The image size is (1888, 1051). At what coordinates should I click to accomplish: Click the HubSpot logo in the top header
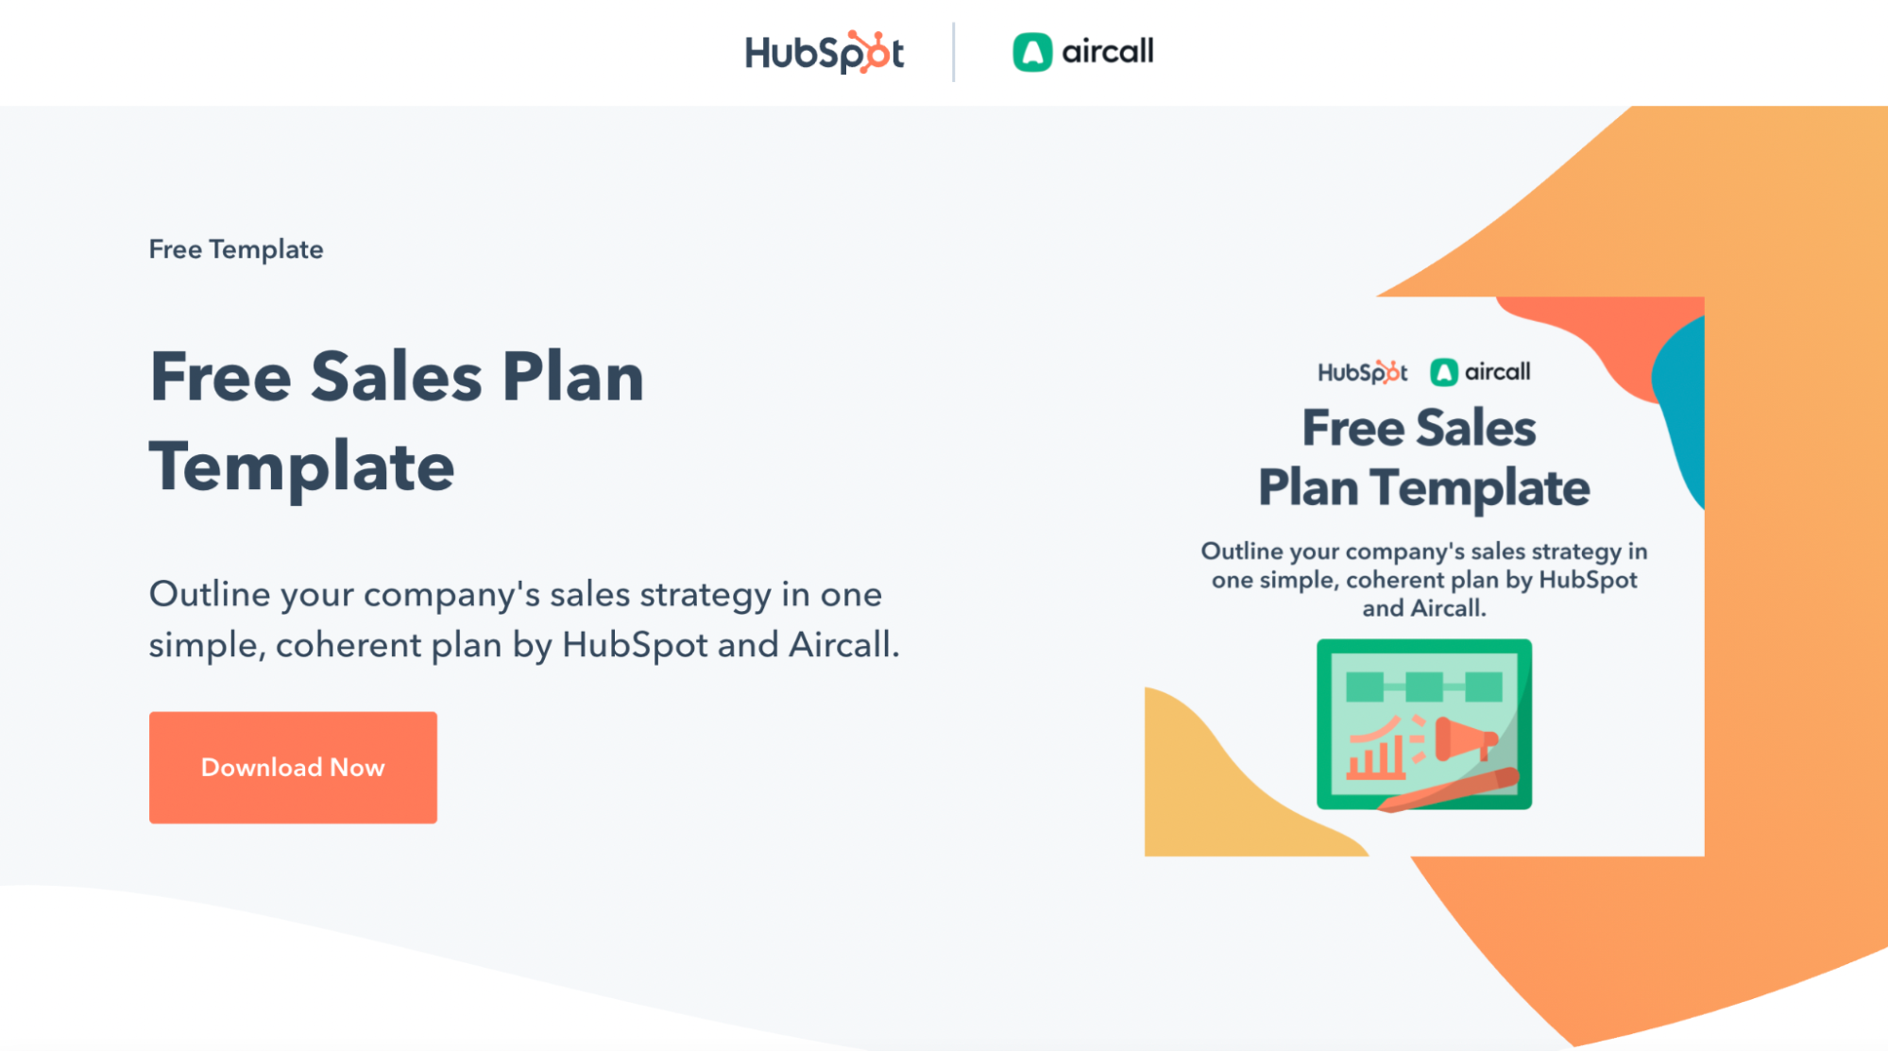click(x=824, y=52)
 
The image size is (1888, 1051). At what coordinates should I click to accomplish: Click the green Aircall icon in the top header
click(x=1031, y=52)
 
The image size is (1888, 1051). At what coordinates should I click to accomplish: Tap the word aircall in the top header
click(x=1107, y=51)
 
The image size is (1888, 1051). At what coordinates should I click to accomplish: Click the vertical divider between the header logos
click(x=953, y=52)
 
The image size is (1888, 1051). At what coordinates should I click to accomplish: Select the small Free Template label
click(x=236, y=249)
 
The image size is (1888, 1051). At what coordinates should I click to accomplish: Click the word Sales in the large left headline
click(x=397, y=378)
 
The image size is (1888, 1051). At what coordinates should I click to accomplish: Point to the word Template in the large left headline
click(x=302, y=467)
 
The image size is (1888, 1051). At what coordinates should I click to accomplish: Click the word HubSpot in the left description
click(x=635, y=645)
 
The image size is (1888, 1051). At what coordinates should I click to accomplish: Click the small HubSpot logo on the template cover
click(x=1362, y=372)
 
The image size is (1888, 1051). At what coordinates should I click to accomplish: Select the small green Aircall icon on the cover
click(x=1443, y=372)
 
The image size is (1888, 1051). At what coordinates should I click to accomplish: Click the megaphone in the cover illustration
click(x=1464, y=738)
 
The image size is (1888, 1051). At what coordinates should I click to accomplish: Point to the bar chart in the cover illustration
click(x=1375, y=755)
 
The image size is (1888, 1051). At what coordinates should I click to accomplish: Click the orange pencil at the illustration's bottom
click(x=1450, y=791)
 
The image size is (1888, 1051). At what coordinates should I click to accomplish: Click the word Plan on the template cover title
click(x=1308, y=488)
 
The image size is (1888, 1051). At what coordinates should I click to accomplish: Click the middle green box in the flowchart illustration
click(x=1423, y=687)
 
